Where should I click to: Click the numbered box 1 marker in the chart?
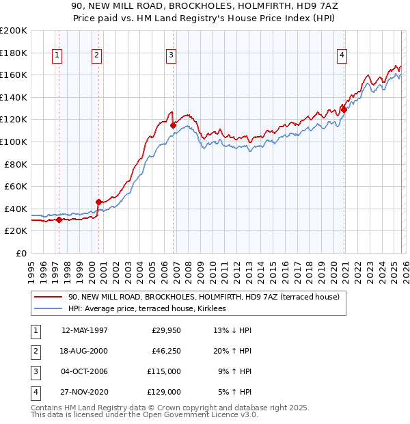57,56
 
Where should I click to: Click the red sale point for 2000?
98,202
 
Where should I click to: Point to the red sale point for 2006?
173,125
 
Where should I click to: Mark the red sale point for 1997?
59,220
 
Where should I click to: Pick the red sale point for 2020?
344,109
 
